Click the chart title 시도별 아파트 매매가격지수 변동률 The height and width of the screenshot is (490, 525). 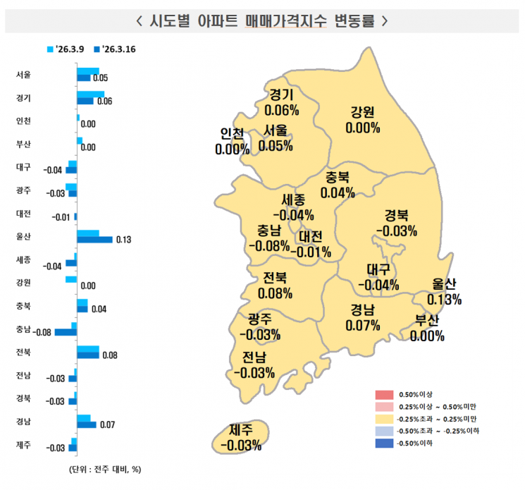point(261,20)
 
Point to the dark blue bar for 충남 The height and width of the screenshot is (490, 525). point(66,332)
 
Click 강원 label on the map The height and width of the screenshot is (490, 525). point(363,112)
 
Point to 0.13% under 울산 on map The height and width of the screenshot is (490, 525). point(444,300)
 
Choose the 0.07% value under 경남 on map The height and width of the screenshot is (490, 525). point(363,325)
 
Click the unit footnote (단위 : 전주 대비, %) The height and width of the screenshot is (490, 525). point(105,470)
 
